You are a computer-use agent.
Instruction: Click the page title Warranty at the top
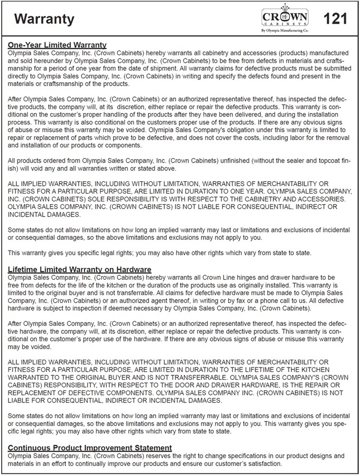point(44,20)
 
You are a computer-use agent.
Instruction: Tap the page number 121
point(336,19)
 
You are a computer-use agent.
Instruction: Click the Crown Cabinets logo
point(285,17)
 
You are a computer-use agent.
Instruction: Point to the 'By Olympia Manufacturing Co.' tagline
point(285,32)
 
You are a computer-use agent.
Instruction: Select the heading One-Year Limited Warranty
point(57,45)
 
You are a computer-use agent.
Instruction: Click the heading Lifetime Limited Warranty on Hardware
point(79,270)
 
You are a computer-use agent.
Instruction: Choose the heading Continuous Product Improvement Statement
point(90,448)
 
